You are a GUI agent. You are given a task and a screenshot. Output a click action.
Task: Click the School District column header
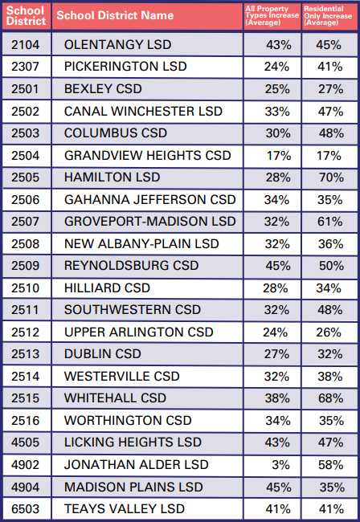[x=25, y=15]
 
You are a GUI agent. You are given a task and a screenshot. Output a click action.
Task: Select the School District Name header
[x=115, y=15]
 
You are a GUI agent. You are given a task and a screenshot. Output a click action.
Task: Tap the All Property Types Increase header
[x=271, y=15]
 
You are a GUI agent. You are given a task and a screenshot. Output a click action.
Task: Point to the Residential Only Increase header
[x=328, y=15]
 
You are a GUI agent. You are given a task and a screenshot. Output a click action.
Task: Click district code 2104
[x=25, y=43]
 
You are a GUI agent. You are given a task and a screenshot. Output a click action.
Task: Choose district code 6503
[x=25, y=508]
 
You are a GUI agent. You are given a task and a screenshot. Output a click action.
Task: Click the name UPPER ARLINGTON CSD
[x=139, y=332]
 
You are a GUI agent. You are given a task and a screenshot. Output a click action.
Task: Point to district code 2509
[x=25, y=265]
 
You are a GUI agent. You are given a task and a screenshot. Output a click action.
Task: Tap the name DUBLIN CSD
[x=102, y=353]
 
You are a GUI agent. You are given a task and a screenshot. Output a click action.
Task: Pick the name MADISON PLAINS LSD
[x=133, y=487]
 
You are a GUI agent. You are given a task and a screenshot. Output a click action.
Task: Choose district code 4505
[x=25, y=442]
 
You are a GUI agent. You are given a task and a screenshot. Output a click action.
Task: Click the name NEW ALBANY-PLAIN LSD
[x=141, y=243]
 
